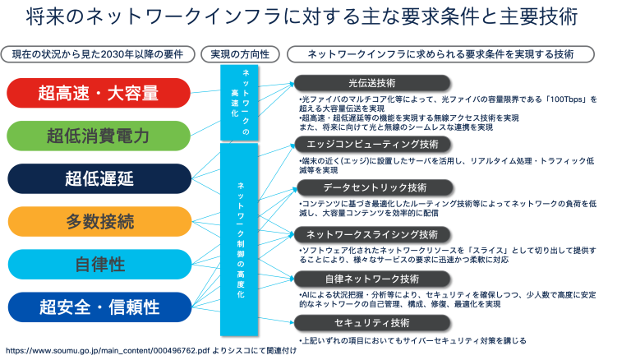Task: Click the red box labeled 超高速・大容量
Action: (x=98, y=93)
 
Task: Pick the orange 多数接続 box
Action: (x=98, y=221)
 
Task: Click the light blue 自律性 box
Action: (x=98, y=264)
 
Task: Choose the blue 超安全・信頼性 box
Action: (x=98, y=307)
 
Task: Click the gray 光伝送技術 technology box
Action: (x=372, y=83)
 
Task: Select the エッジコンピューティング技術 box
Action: (x=372, y=144)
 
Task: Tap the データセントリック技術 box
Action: (x=372, y=187)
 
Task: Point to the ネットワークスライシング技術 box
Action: (x=372, y=234)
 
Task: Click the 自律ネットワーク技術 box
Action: (x=372, y=279)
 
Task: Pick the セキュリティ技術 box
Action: (x=372, y=322)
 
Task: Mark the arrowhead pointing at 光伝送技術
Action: (x=289, y=83)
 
